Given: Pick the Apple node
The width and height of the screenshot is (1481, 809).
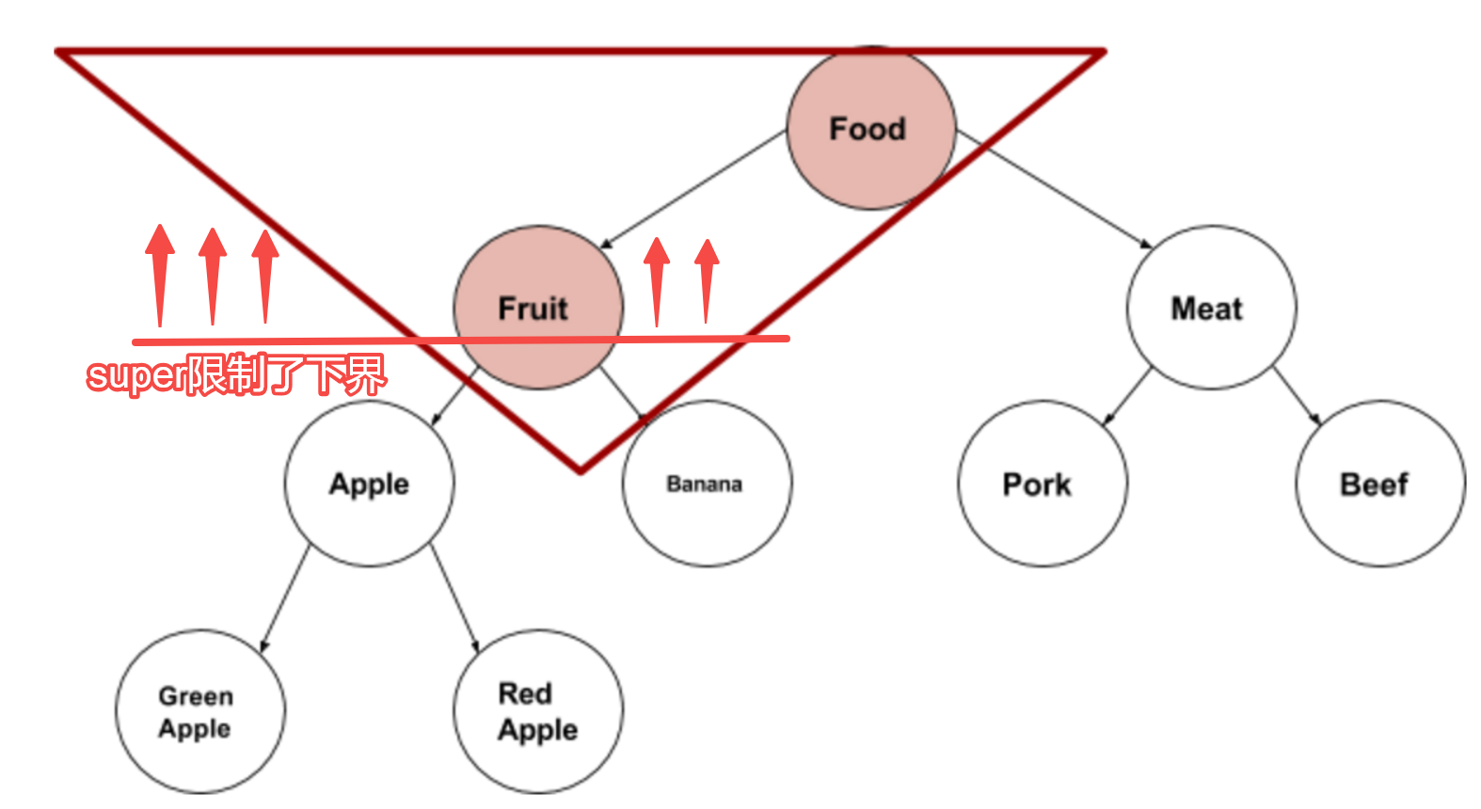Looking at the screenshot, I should click(x=369, y=484).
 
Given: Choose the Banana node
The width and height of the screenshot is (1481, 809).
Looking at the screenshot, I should click(x=707, y=484).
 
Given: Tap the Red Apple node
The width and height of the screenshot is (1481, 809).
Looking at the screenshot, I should click(x=537, y=712).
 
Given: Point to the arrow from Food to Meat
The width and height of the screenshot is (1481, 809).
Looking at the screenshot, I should click(x=1054, y=188).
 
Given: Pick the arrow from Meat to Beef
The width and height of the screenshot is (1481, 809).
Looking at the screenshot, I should click(x=1297, y=395).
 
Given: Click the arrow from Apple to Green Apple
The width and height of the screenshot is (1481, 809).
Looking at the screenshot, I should click(x=284, y=598).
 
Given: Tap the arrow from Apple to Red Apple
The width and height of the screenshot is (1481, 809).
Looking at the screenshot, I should click(x=455, y=598).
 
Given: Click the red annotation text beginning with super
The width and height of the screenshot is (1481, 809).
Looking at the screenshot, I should click(x=235, y=375).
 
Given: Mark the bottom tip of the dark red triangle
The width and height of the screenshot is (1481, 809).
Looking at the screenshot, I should click(x=581, y=468).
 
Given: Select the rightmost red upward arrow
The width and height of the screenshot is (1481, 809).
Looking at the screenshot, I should click(x=707, y=280).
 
